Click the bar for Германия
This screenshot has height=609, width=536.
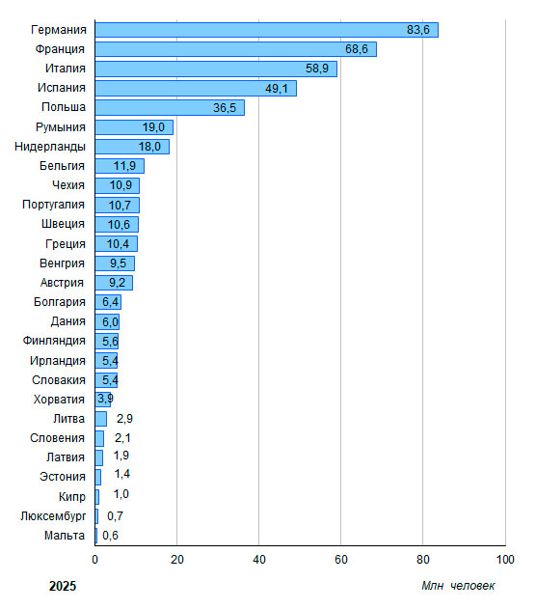coord(267,30)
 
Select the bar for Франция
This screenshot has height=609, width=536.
coord(236,49)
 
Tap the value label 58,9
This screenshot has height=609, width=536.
coord(317,69)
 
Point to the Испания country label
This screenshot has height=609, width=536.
coord(62,88)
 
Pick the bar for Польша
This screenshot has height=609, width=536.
coord(170,107)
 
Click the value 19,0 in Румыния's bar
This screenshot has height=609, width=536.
coord(153,127)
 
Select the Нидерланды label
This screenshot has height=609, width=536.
coord(50,147)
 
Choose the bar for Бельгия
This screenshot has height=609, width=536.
coord(120,166)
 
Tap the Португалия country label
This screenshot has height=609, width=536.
coord(54,205)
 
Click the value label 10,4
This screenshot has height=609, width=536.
coord(118,244)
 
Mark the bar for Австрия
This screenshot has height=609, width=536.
coord(114,283)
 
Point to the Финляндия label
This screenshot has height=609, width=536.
coord(54,341)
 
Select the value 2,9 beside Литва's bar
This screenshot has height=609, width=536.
coord(124,419)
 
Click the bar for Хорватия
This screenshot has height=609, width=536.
coord(103,400)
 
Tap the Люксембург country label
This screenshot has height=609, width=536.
coord(53,516)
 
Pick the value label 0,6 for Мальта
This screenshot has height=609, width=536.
coord(110,536)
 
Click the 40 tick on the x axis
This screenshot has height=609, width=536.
coord(259,560)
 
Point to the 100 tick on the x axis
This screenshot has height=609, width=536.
coord(505,560)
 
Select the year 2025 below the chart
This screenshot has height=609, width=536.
coord(63,586)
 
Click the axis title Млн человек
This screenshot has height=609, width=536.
coord(458,586)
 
